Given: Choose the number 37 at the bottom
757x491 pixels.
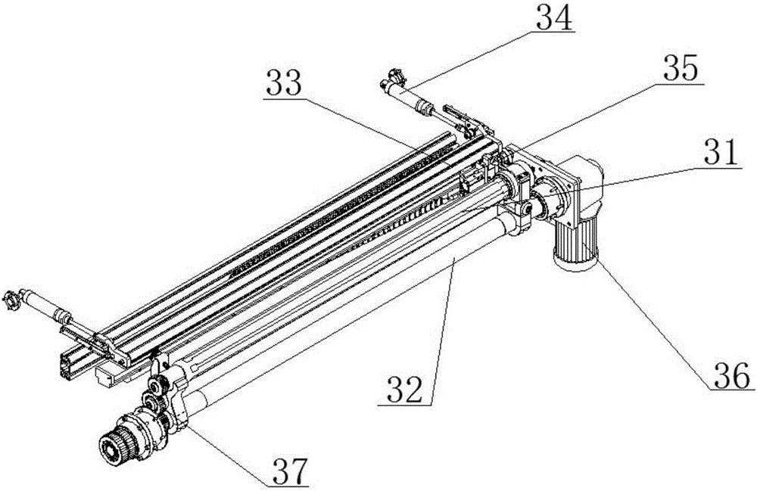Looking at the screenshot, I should point(291,471).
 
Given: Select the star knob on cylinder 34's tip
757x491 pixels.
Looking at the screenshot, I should point(393,77).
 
